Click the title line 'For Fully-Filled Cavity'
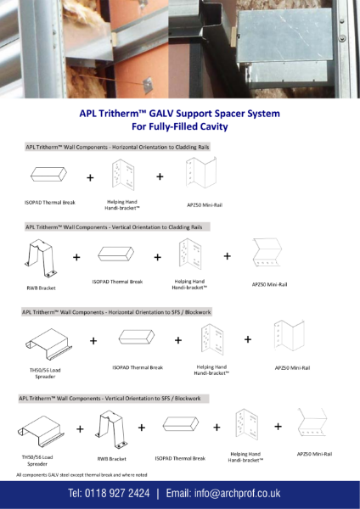(179, 126)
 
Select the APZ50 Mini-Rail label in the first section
(204, 204)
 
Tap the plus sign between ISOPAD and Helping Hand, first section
(90, 178)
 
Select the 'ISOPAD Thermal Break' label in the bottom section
(176, 458)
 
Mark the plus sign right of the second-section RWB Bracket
(76, 256)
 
